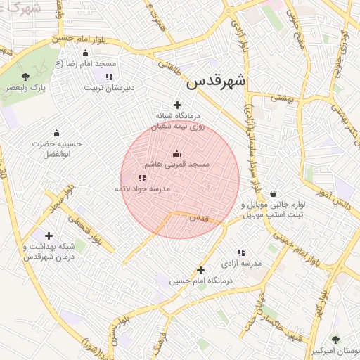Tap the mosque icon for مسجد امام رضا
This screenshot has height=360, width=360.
coord(86,53)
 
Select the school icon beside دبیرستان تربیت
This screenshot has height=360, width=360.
coord(109,77)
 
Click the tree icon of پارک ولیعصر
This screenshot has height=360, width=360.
coord(26,75)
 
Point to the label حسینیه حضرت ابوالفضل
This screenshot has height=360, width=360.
coord(57,148)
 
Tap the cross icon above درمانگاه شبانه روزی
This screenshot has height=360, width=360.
coord(177,105)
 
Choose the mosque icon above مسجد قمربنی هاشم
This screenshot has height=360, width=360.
coord(176,153)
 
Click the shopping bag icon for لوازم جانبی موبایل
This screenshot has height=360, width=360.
coord(272,194)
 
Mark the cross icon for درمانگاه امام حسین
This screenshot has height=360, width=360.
coord(200,270)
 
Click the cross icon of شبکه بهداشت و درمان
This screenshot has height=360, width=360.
coord(49,236)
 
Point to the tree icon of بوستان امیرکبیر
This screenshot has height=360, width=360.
coord(335,339)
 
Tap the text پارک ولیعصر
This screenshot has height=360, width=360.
coord(26,87)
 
